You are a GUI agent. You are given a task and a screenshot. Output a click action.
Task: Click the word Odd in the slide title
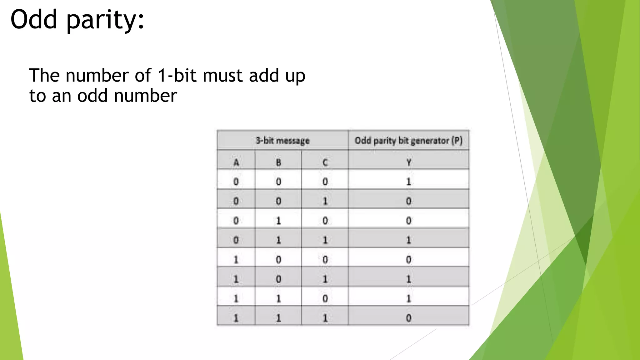(x=34, y=19)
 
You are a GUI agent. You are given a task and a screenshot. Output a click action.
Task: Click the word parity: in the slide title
(x=105, y=21)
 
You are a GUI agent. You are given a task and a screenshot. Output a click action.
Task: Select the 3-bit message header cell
(x=282, y=141)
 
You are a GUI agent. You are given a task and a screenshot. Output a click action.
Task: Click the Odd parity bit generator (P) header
(x=408, y=141)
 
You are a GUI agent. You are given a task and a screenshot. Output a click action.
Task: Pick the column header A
(x=236, y=162)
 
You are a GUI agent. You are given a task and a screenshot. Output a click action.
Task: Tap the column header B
(x=278, y=162)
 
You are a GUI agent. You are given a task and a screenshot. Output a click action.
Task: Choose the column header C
(x=325, y=162)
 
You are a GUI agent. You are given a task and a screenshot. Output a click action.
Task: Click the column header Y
(x=408, y=162)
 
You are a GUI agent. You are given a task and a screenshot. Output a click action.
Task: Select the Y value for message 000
(x=408, y=182)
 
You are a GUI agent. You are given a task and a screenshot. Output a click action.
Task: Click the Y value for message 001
(x=408, y=201)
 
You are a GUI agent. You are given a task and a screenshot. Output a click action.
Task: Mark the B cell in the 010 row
(x=278, y=221)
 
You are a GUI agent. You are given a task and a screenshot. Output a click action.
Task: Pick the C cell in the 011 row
(x=325, y=240)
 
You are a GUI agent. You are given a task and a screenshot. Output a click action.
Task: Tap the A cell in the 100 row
(x=236, y=259)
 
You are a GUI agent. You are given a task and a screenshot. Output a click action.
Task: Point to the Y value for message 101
(x=408, y=279)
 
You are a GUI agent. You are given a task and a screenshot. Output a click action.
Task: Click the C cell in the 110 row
(x=325, y=298)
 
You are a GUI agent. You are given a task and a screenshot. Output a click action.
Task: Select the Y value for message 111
(x=408, y=318)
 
